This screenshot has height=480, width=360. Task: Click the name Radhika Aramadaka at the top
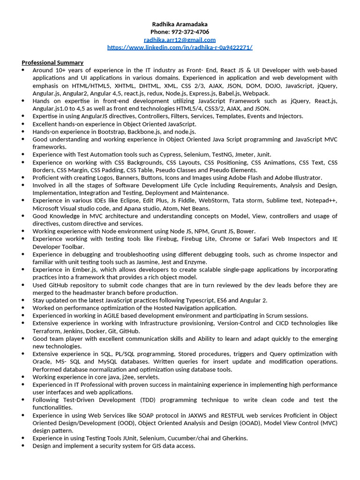(180, 24)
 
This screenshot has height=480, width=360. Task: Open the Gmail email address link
(180, 40)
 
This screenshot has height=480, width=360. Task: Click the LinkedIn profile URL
(180, 47)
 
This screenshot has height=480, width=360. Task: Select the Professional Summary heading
(52, 62)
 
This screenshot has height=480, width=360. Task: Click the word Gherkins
(231, 438)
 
